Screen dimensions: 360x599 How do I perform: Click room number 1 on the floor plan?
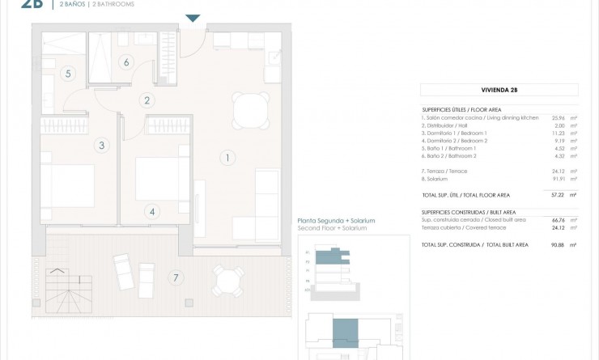(x=229, y=158)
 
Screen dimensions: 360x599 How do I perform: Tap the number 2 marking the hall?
(x=147, y=101)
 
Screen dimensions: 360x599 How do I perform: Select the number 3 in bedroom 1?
(x=101, y=146)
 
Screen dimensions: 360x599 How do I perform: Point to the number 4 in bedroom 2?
(x=151, y=212)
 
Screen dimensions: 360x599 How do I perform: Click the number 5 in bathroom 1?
(x=68, y=74)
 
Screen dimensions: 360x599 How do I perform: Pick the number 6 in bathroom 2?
(x=126, y=61)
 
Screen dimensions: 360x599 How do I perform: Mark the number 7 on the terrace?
(x=176, y=278)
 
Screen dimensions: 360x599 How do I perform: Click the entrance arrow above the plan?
(x=193, y=19)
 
